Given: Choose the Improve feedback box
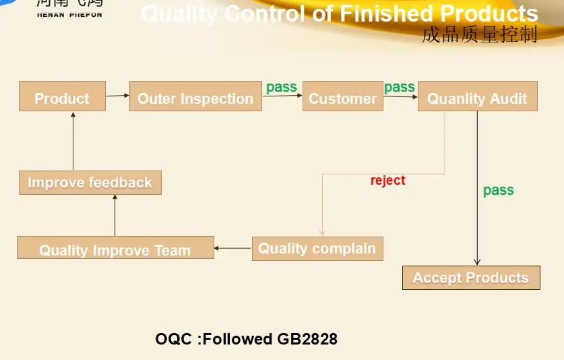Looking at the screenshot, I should pos(90,183).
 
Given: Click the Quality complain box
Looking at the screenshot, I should pos(317,248).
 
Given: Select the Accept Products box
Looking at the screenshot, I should pos(471,278).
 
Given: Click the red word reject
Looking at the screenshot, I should pos(388,181).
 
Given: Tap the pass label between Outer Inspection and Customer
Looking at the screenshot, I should pos(282,87).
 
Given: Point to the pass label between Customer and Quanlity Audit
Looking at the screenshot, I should pos(400,87).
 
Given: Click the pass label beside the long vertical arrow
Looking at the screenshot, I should pos(499,191).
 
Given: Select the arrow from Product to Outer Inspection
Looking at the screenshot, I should pos(117,96).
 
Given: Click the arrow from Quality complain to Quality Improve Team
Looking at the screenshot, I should pos(233,248).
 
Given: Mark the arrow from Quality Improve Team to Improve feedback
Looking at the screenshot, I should pos(115,215).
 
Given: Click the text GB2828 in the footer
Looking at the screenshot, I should pos(307,338).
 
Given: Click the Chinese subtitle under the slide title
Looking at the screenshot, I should pos(479,35).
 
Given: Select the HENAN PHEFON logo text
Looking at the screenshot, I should pos(70,13).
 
